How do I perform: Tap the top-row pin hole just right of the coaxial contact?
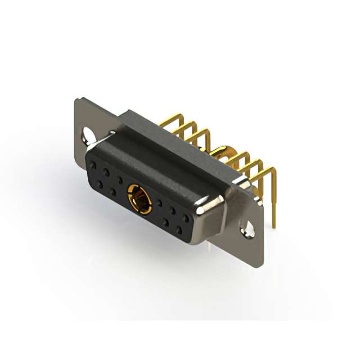tap(160, 202)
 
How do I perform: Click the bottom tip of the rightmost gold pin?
tap(274, 226)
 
